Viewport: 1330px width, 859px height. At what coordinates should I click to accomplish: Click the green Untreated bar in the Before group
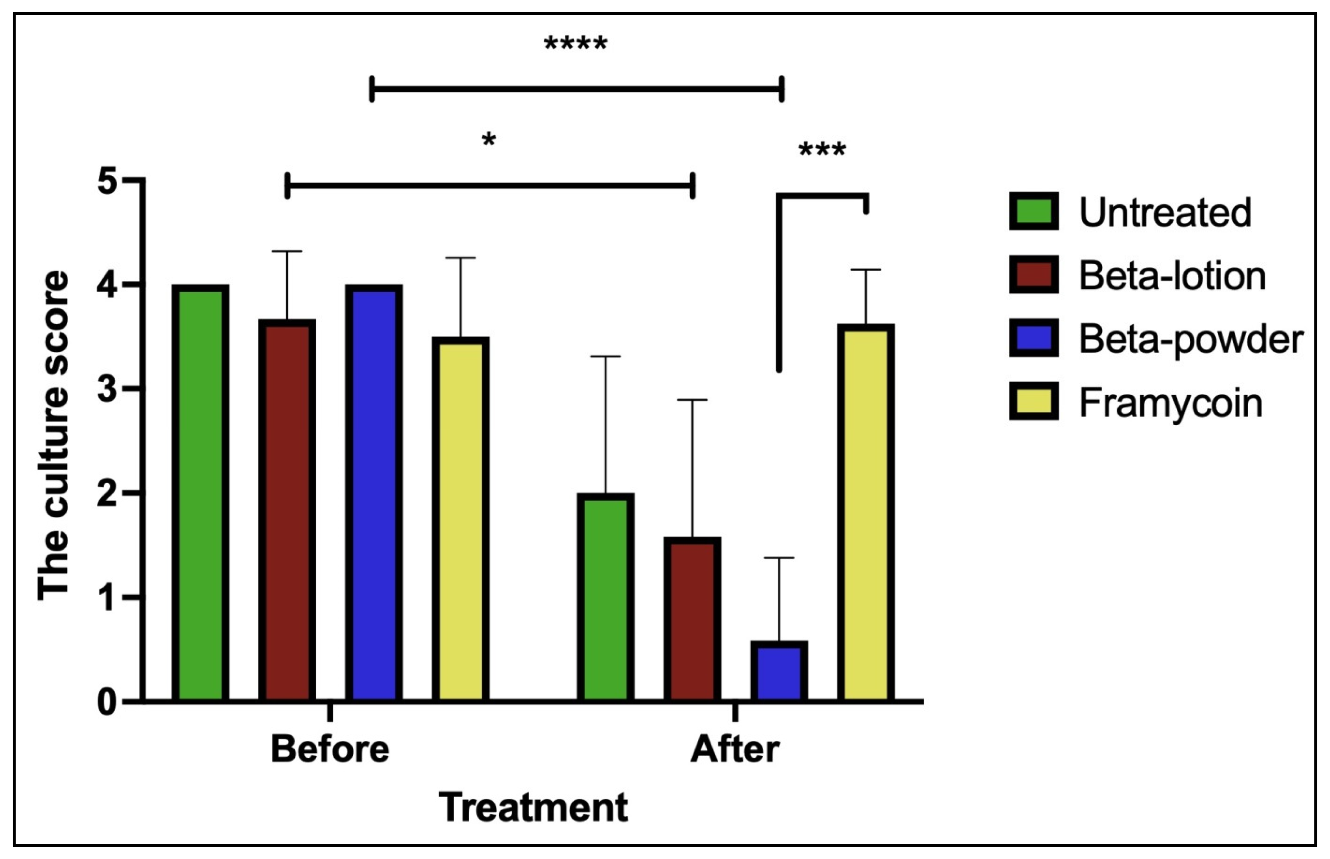(x=200, y=493)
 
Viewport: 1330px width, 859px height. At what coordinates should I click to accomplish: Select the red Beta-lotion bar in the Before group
(x=287, y=510)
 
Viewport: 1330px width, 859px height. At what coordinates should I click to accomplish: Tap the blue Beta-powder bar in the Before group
(x=373, y=493)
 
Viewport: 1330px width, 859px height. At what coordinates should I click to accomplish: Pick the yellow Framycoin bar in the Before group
(x=461, y=519)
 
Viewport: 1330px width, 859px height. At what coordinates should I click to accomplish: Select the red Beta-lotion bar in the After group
(x=692, y=619)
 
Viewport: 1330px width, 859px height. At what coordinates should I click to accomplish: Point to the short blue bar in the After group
(x=779, y=672)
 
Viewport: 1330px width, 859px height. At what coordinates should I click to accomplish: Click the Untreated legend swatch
(x=1033, y=211)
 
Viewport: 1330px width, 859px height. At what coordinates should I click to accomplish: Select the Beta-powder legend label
(x=1191, y=338)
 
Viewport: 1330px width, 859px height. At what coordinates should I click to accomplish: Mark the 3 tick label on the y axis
(x=108, y=389)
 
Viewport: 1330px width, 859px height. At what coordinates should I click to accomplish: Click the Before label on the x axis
(x=330, y=749)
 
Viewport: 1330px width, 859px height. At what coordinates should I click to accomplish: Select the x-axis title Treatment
(x=533, y=807)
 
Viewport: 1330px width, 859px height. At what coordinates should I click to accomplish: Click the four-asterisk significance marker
(x=575, y=44)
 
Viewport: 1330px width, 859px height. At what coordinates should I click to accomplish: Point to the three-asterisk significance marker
(x=822, y=150)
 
